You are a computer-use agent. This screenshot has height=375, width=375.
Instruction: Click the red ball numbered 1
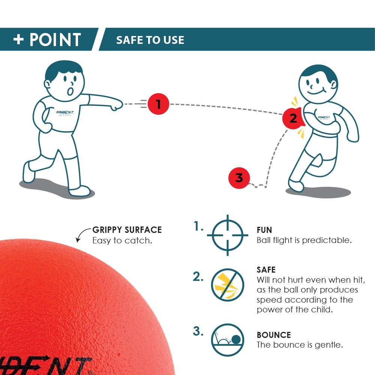[x=158, y=103]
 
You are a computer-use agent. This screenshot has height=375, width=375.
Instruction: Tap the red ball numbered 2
[x=293, y=118]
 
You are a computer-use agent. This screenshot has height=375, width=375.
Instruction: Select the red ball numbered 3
[x=239, y=177]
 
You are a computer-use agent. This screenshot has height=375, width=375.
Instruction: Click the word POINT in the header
[x=55, y=39]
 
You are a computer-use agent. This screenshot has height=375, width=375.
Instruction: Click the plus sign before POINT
[x=19, y=39]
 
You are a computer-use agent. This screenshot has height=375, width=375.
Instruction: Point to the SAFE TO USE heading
[x=150, y=40]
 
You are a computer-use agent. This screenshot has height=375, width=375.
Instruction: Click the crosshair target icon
[x=228, y=235]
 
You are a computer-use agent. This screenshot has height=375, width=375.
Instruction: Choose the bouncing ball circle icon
[x=228, y=340]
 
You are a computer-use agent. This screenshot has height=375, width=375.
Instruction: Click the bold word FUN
[x=264, y=230]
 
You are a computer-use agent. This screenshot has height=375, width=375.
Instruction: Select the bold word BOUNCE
[x=274, y=335]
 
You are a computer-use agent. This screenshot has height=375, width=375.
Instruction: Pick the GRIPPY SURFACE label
[x=127, y=230]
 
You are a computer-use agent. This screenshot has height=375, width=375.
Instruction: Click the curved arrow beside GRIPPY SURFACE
[x=81, y=235]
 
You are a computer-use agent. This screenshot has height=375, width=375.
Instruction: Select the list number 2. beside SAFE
[x=198, y=277]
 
